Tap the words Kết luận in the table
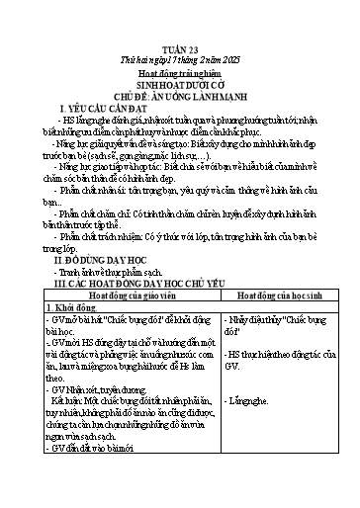tap(86, 405)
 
